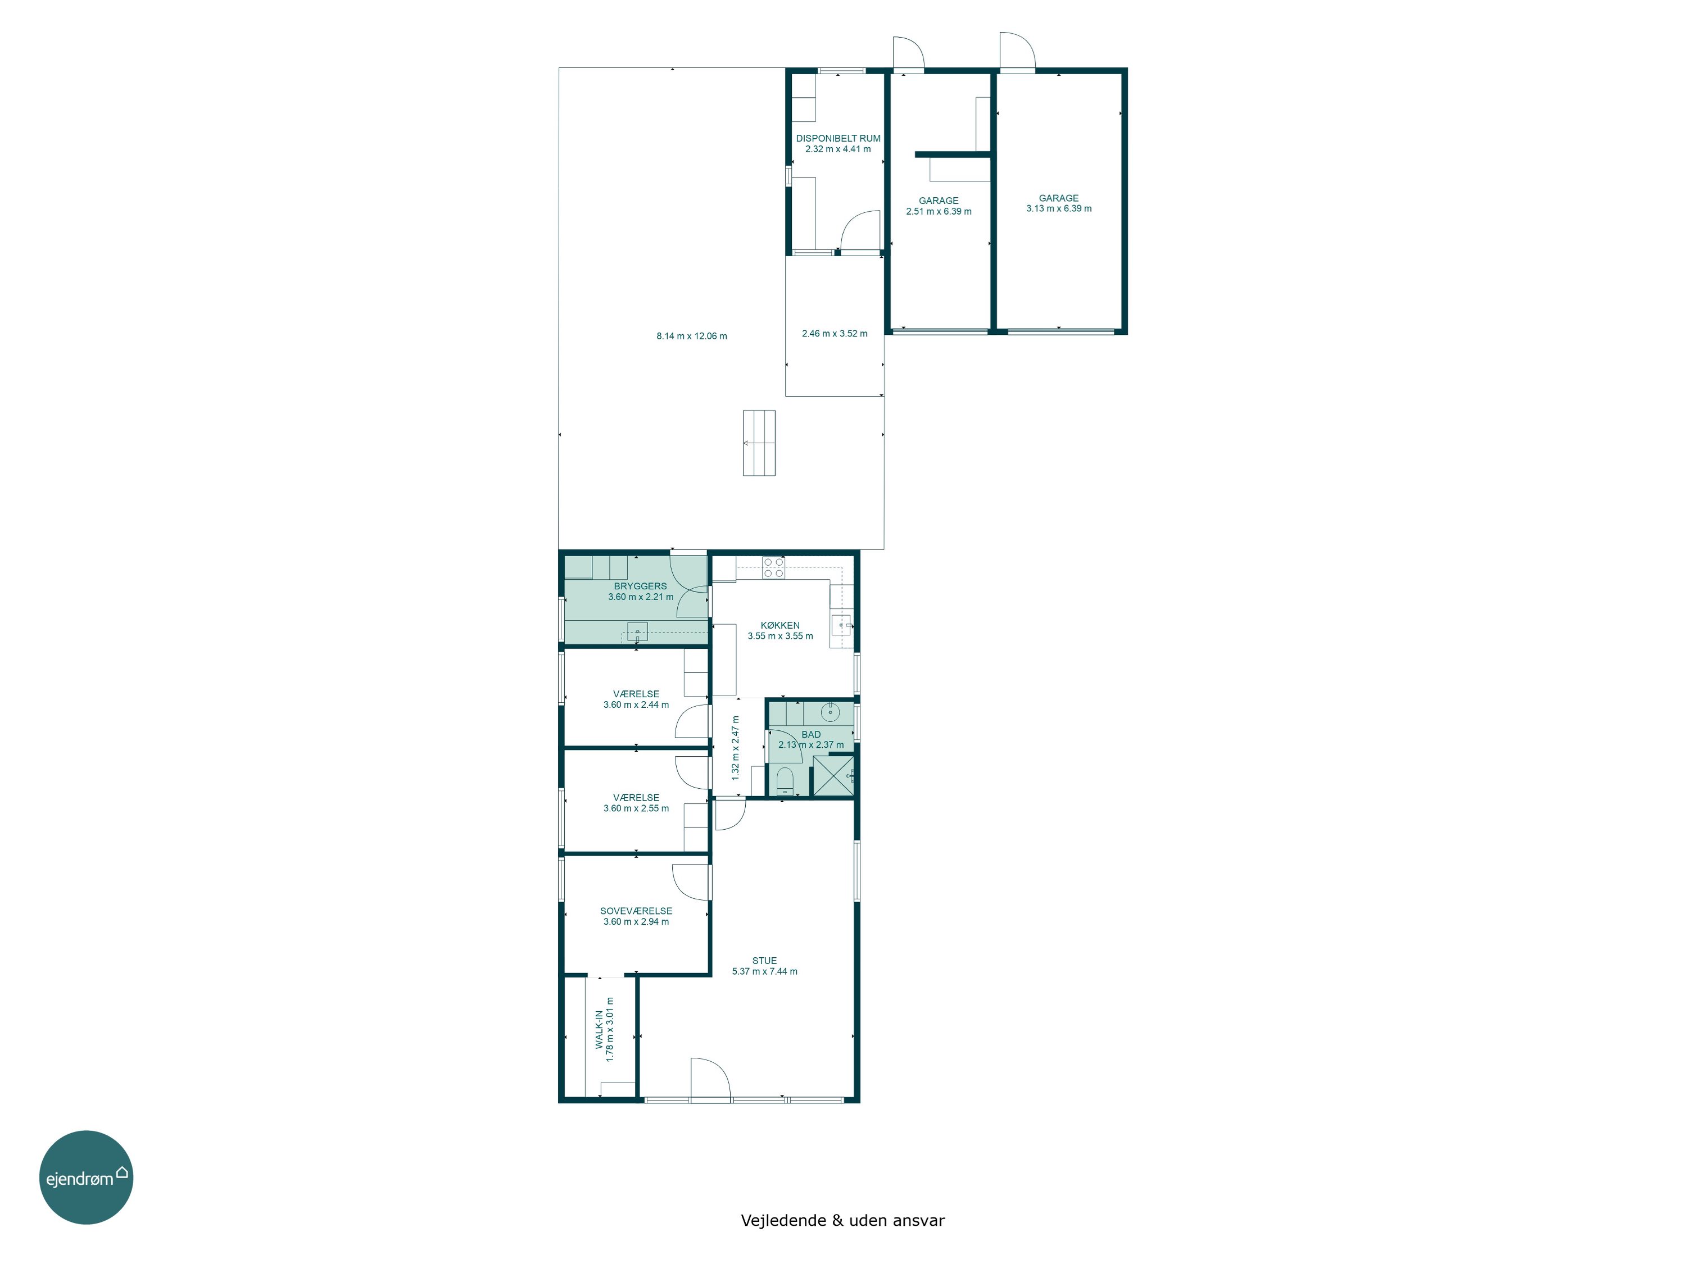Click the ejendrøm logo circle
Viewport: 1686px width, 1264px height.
tap(86, 1177)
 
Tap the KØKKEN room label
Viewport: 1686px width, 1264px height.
tap(779, 625)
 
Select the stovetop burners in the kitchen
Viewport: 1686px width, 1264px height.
tap(774, 567)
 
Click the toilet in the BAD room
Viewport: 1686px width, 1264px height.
tap(785, 781)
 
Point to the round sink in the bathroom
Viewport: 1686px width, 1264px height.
tap(830, 712)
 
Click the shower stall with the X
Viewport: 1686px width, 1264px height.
tap(832, 776)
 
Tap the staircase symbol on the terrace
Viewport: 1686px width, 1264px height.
tap(759, 443)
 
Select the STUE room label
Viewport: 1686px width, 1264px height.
tap(764, 961)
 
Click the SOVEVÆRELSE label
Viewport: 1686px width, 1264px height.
tap(636, 911)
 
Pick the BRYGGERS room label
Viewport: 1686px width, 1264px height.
tap(640, 586)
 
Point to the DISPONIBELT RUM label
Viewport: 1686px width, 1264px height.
tap(839, 138)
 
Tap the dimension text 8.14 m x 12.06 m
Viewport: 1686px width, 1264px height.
tap(692, 336)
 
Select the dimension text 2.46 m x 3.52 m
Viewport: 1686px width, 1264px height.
tap(835, 333)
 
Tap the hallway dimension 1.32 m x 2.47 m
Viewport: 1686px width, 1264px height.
tap(736, 747)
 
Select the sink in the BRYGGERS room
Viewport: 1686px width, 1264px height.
tap(637, 631)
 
